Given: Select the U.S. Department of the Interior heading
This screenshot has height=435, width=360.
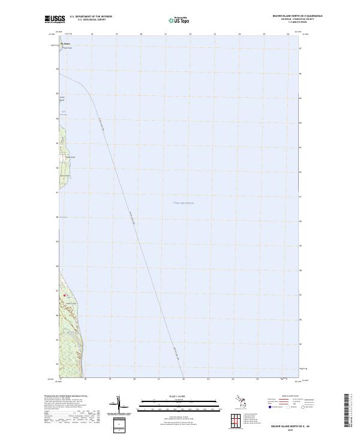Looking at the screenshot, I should [x=91, y=17].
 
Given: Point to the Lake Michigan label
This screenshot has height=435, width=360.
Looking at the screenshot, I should [x=184, y=203].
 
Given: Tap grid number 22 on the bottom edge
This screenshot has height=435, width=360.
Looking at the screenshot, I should [x=184, y=379].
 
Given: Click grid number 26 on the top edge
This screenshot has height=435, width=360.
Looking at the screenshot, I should [x=289, y=34].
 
